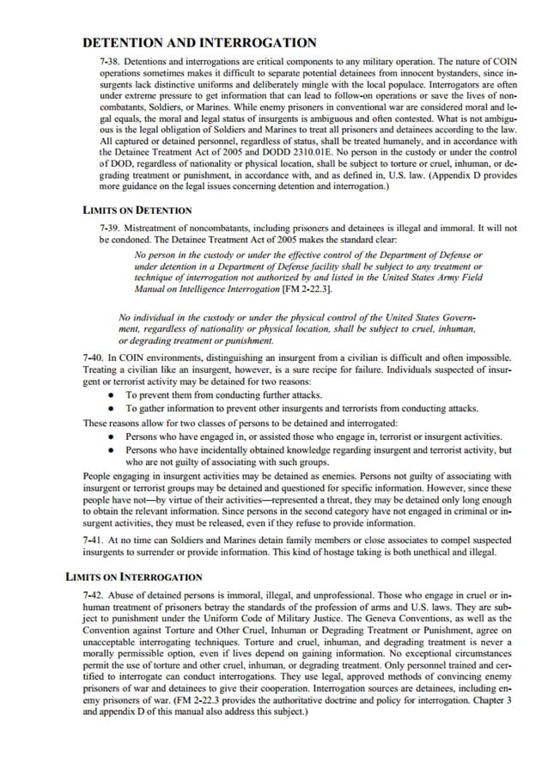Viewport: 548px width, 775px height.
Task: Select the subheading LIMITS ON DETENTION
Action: point(137,210)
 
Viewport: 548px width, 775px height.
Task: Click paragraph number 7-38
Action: point(111,64)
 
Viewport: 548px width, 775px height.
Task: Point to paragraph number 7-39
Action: point(111,228)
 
